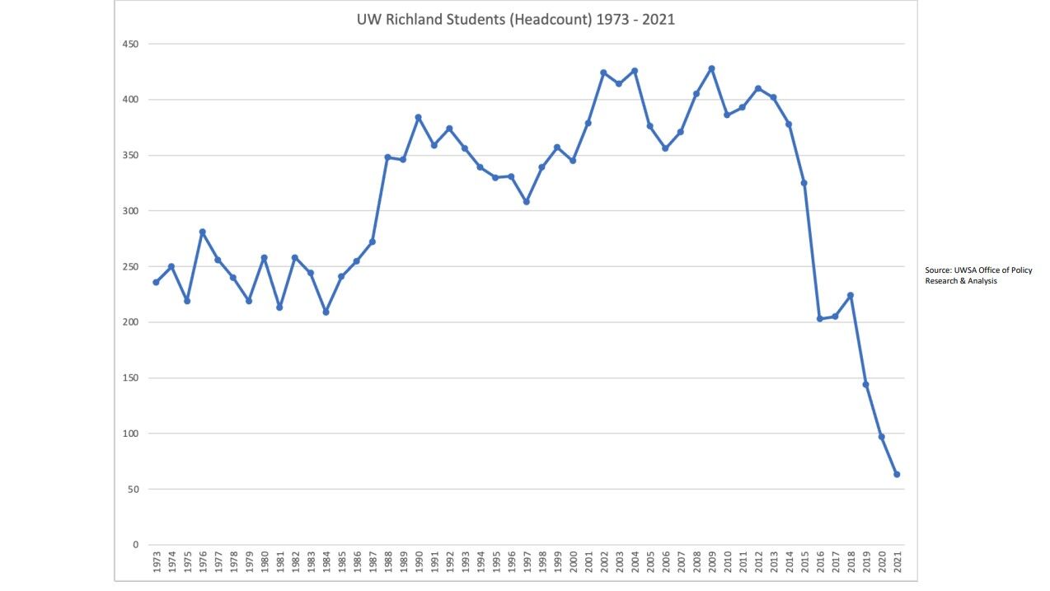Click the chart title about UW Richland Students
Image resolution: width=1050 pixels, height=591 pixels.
coord(515,20)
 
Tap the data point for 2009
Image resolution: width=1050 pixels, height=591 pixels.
coord(711,68)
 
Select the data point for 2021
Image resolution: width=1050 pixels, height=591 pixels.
coord(897,474)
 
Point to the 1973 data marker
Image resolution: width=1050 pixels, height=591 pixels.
coord(156,282)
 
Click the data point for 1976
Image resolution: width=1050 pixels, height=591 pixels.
coord(202,232)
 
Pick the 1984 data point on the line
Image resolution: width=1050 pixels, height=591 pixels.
coord(326,312)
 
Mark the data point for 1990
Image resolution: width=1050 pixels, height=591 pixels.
coord(418,117)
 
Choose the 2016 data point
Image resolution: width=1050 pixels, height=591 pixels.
coord(819,318)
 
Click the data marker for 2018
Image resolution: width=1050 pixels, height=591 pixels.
coord(850,295)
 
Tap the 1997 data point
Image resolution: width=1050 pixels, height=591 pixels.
coord(526,201)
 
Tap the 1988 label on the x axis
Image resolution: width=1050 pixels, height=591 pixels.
coord(387,565)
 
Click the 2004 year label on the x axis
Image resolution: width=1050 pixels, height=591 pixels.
coord(635,565)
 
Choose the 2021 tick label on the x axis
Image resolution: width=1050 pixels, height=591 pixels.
coord(897,565)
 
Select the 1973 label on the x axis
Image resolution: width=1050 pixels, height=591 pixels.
coord(156,565)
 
